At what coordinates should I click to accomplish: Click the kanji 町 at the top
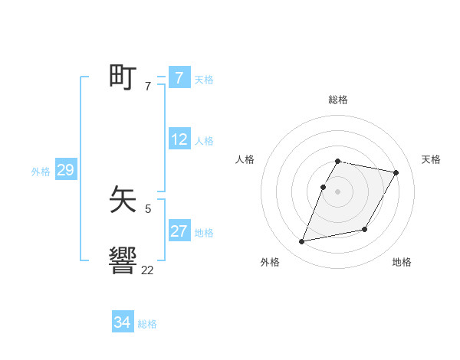pos(123,78)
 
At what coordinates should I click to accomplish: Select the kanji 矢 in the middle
pos(123,201)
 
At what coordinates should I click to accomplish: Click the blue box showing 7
pos(179,78)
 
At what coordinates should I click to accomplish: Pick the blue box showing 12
pos(179,139)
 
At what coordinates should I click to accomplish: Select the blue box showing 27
pos(179,231)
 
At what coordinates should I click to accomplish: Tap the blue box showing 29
pos(65,170)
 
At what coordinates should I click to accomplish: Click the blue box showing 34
pos(123,322)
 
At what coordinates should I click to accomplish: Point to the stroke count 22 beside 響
pos(147,270)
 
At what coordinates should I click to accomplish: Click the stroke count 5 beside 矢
pos(147,208)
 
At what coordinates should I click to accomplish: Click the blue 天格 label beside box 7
pos(204,80)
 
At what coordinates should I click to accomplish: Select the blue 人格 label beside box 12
pos(204,141)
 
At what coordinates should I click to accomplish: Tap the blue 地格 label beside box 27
pos(204,233)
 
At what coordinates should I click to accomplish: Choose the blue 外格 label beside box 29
pos(41,172)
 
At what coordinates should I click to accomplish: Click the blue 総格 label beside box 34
pos(147,324)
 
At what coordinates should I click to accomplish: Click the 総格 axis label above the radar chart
pos(337,100)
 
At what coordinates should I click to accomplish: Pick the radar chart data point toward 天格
pos(396,173)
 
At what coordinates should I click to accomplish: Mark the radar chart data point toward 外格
pos(302,242)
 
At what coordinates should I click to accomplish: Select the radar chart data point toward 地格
pos(365,230)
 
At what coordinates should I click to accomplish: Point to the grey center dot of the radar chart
pos(337,191)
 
